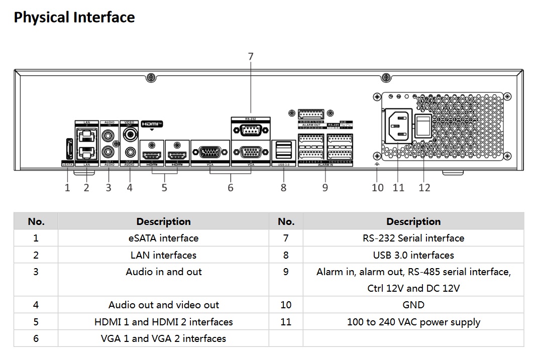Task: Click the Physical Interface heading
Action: coord(74,18)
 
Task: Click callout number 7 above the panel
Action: coord(251,57)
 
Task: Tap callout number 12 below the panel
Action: coord(424,187)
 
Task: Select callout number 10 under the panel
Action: coord(378,187)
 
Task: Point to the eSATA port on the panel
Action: coord(68,149)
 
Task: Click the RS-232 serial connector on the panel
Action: coord(251,131)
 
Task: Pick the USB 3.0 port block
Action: coord(283,150)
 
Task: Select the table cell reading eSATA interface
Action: coord(163,238)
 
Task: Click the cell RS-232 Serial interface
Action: coord(413,238)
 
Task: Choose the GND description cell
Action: coord(413,305)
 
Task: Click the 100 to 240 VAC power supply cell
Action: coord(413,322)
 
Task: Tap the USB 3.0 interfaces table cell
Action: coord(413,255)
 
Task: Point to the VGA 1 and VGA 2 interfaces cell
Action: coord(163,338)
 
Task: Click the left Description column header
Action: coord(163,221)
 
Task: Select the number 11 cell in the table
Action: coord(286,322)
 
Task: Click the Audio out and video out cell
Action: coord(163,305)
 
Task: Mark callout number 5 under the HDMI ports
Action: coord(164,187)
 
